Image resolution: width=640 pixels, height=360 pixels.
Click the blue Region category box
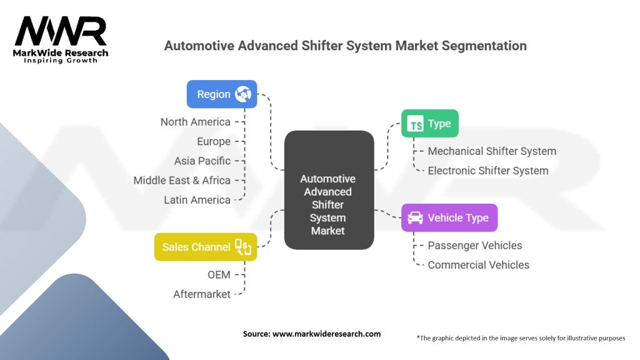click(222, 94)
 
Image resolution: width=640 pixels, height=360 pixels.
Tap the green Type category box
click(430, 123)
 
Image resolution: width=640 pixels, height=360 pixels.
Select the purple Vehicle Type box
click(449, 217)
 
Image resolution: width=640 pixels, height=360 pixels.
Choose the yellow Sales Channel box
click(206, 247)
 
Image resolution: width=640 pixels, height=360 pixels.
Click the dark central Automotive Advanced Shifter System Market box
click(329, 190)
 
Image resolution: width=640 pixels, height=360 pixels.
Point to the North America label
click(196, 122)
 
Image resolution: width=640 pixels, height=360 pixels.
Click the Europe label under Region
click(214, 142)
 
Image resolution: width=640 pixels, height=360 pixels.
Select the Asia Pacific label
click(202, 161)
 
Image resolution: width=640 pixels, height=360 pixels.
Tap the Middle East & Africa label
click(182, 181)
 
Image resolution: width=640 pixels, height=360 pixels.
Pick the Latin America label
click(197, 200)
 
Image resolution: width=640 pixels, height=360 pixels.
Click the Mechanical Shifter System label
click(492, 151)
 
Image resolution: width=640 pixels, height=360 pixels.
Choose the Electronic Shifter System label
click(488, 171)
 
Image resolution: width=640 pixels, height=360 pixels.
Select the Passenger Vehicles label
click(475, 245)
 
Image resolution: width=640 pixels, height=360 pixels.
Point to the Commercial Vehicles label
click(478, 265)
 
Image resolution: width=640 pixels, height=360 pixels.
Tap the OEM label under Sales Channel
click(219, 275)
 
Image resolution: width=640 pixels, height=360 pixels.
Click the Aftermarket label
click(202, 294)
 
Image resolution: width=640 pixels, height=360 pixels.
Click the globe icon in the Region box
click(243, 94)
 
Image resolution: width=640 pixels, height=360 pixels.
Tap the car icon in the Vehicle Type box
click(415, 218)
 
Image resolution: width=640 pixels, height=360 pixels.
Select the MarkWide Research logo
click(61, 40)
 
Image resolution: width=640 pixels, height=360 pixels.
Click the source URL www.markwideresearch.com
click(326, 334)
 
